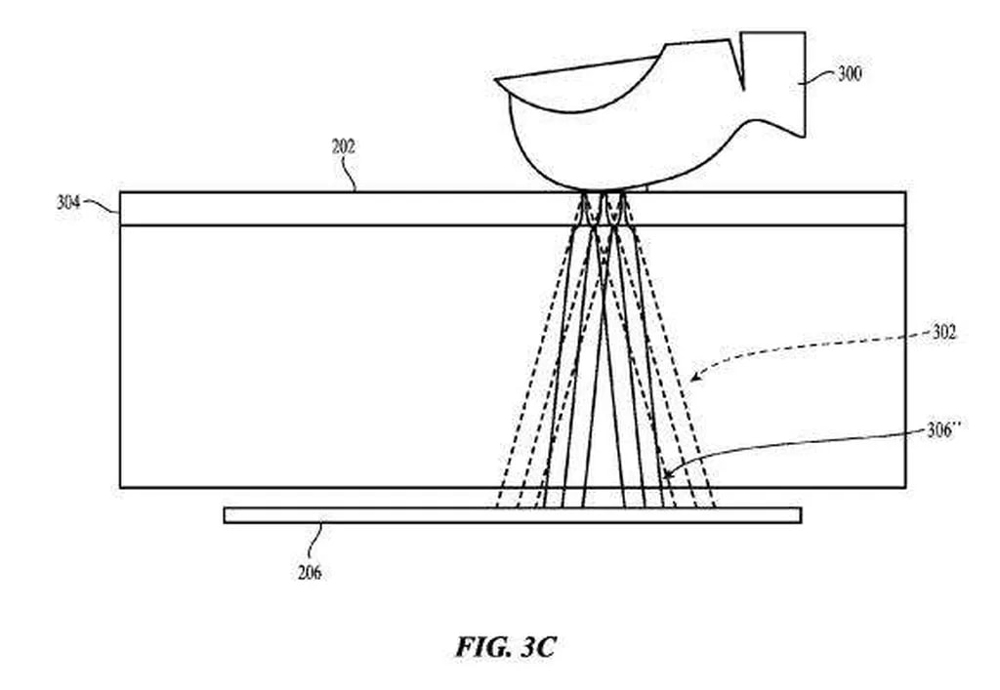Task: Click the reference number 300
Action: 849,73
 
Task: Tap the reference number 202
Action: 343,147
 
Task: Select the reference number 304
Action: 67,204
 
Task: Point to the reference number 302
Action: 944,333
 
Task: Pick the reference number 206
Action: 309,573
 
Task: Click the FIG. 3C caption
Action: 505,646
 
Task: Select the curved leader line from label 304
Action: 101,203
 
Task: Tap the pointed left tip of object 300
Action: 498,84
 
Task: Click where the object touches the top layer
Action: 601,189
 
